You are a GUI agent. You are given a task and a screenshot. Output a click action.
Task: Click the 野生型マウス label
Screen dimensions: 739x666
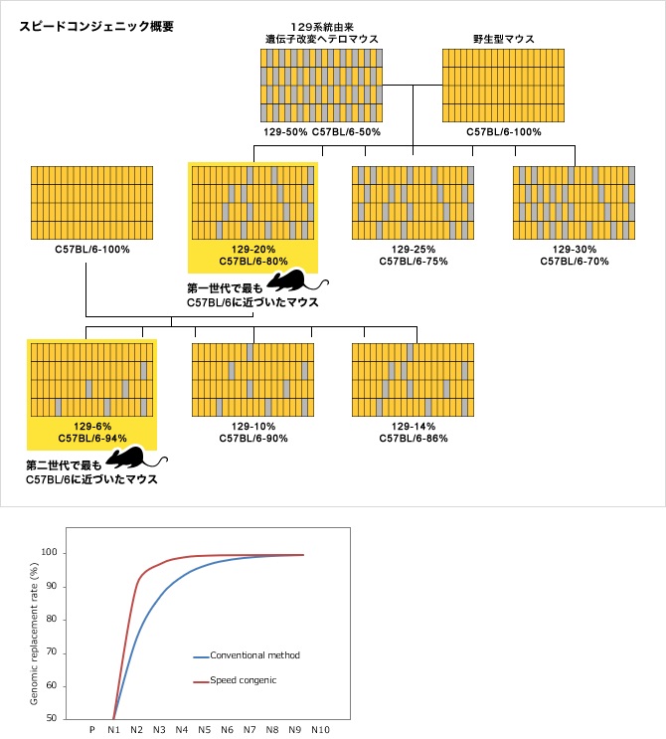pyautogui.click(x=503, y=40)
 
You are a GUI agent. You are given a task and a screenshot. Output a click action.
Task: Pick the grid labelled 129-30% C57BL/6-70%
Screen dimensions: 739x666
pyautogui.click(x=574, y=203)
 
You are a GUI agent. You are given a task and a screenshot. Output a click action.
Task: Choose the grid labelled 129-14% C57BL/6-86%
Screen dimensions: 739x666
pyautogui.click(x=413, y=379)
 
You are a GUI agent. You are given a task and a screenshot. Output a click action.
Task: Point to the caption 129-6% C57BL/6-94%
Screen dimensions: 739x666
pyautogui.click(x=91, y=431)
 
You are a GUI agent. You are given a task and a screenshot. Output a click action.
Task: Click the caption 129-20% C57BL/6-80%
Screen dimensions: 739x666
pyautogui.click(x=252, y=255)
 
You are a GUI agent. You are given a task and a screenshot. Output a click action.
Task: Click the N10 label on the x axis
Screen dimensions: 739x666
pyautogui.click(x=320, y=729)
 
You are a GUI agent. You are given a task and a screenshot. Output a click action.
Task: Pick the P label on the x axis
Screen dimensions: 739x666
pyautogui.click(x=91, y=729)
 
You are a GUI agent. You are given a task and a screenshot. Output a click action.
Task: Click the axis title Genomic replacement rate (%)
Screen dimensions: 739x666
pyautogui.click(x=33, y=633)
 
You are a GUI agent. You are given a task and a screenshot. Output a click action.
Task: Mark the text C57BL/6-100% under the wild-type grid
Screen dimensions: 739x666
pyautogui.click(x=503, y=131)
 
